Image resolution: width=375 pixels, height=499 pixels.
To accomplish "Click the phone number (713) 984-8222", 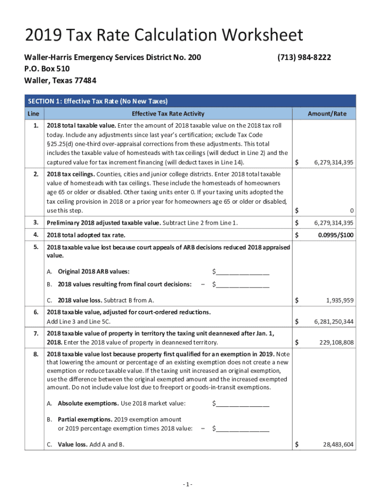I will click(x=304, y=58).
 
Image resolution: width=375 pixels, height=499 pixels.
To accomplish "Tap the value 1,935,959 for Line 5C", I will click(x=339, y=300).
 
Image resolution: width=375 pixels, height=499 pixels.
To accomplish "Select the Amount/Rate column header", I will click(x=327, y=114).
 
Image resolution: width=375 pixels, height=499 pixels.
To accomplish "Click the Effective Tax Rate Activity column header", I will click(x=168, y=114).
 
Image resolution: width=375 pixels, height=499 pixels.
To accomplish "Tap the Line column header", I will click(x=33, y=114).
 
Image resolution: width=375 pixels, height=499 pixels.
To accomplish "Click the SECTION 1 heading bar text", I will click(x=98, y=101).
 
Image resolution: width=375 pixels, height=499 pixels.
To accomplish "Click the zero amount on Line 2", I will click(x=351, y=211).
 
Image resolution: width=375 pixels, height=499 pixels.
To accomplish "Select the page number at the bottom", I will click(x=187, y=484).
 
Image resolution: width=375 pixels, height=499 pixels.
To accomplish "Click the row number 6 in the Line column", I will click(x=36, y=312).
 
